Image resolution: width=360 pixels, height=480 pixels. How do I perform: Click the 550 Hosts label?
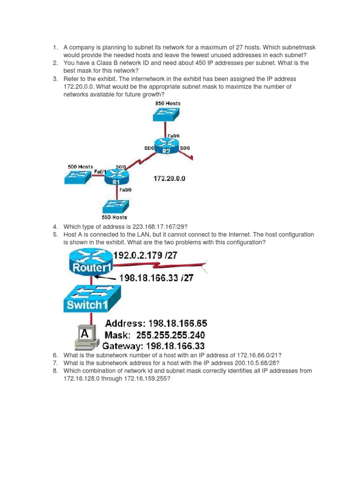pyautogui.click(x=115, y=217)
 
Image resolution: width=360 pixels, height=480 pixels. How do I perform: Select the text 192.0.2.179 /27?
pyautogui.click(x=153, y=256)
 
